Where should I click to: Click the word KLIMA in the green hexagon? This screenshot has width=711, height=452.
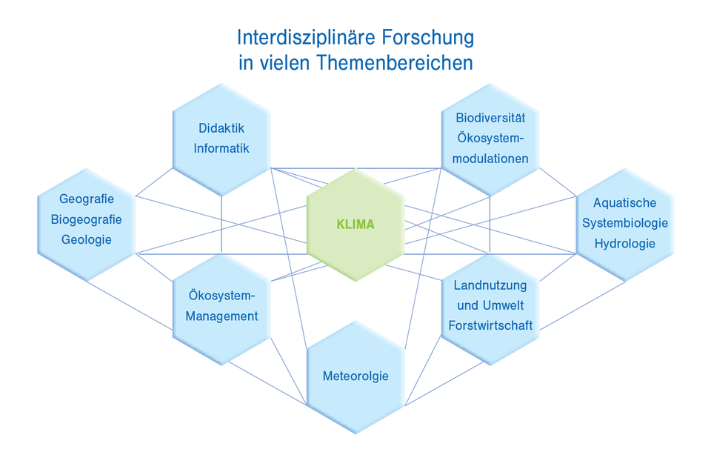coord(355,225)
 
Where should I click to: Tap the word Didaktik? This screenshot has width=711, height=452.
coord(221,127)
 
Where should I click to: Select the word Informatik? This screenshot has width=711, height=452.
coord(221,148)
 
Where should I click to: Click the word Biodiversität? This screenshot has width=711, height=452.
coord(490,117)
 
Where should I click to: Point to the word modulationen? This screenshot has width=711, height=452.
coord(490,159)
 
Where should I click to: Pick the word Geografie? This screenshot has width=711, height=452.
coord(87,199)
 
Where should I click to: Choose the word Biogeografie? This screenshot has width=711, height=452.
coord(87,219)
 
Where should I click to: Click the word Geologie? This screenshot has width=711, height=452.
coord(87,239)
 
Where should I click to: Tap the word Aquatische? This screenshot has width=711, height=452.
coord(625,202)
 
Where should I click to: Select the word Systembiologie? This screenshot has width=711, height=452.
coord(625,223)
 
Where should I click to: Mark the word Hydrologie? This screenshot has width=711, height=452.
coord(625,244)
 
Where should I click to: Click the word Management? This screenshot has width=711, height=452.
coord(221,316)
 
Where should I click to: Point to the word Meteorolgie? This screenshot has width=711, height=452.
coord(355,376)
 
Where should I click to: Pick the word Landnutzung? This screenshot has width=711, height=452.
coord(490,285)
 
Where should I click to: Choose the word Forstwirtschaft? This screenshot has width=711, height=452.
coord(490,325)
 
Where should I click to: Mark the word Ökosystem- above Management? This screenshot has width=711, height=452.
coord(221,296)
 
